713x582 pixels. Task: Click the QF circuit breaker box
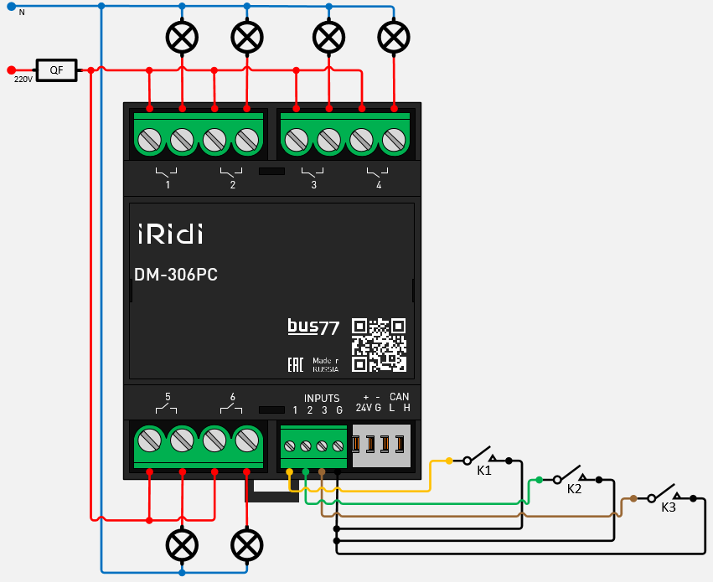point(56,70)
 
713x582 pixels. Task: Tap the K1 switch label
point(484,471)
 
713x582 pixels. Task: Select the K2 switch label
point(574,489)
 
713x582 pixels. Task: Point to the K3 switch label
point(669,507)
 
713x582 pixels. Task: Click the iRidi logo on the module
point(170,234)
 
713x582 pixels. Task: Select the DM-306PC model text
point(176,275)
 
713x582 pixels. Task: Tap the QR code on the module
point(379,344)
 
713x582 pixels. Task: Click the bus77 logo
point(313,327)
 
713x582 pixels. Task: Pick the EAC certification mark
point(295,364)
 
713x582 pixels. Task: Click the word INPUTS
point(322,399)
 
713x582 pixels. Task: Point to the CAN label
point(400,397)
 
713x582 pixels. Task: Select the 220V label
point(23,80)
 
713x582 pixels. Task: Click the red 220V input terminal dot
point(10,70)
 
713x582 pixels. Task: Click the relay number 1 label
point(168,185)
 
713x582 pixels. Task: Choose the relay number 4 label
point(379,185)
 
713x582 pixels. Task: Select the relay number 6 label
point(232,397)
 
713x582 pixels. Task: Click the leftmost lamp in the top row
point(182,36)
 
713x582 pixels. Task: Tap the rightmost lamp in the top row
point(394,36)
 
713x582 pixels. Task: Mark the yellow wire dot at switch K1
point(449,461)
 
